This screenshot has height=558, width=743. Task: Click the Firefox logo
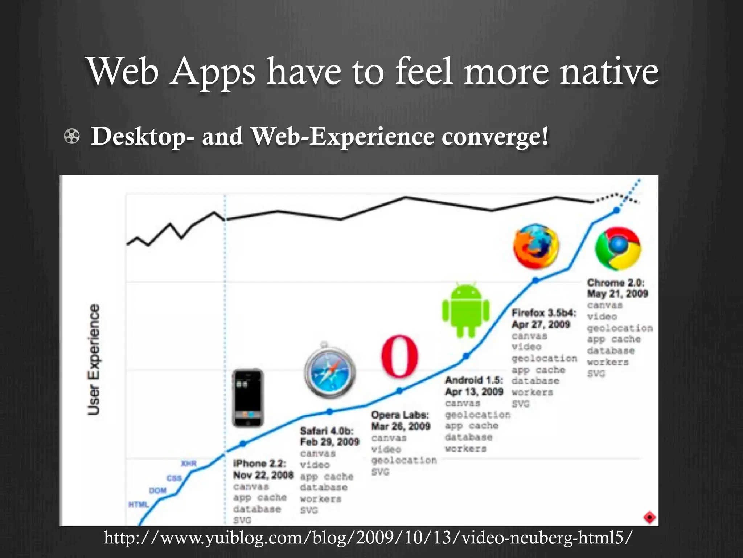536,247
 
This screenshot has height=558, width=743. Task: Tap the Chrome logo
618,249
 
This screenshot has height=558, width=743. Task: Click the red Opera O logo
399,356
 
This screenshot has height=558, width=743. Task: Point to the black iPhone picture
248,398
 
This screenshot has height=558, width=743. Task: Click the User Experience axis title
94,359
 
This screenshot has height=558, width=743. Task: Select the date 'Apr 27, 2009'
541,324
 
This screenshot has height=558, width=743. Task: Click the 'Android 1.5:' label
474,380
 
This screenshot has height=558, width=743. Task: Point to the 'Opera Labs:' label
400,415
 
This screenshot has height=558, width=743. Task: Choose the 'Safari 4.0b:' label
327,431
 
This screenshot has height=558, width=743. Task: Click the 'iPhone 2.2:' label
259,464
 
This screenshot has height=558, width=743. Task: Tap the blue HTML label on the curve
139,505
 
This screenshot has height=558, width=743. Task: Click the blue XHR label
189,464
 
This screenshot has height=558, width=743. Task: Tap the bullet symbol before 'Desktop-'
72,137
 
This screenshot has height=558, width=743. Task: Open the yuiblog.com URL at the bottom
368,537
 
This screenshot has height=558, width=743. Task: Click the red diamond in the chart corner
649,517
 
